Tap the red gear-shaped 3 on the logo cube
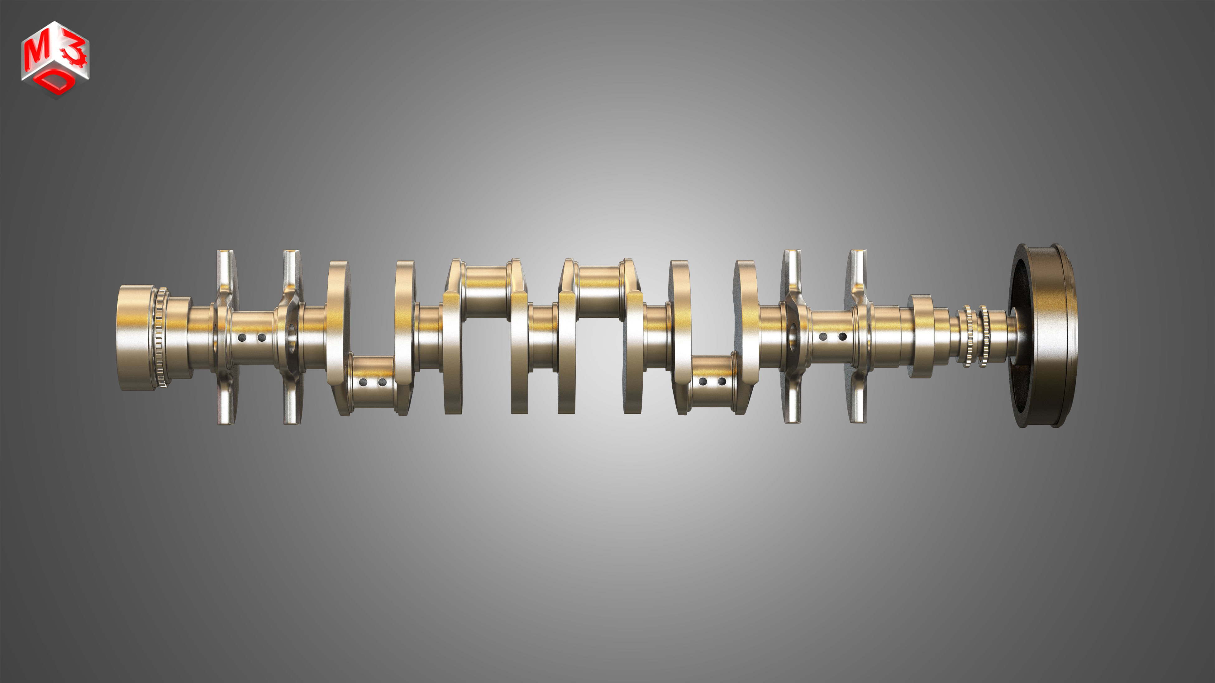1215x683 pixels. (75, 53)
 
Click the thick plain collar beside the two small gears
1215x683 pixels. (921, 336)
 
